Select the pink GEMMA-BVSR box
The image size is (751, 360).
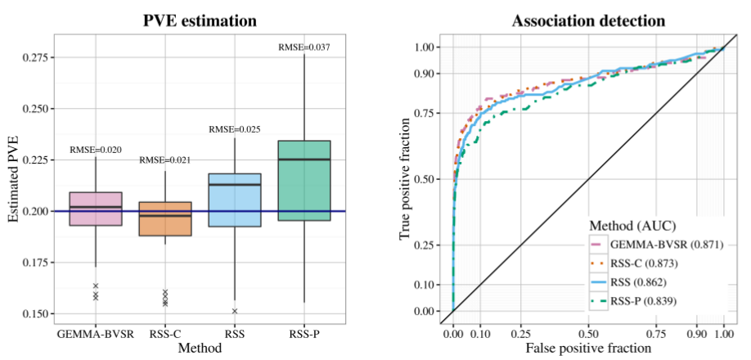point(96,209)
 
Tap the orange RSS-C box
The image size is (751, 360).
point(165,218)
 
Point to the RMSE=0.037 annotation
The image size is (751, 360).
point(304,48)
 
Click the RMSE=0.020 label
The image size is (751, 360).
point(96,150)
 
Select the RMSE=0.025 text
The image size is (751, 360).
point(235,129)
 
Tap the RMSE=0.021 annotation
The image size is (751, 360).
point(165,161)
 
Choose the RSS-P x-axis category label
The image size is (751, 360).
point(304,335)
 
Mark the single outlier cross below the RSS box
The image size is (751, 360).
point(235,311)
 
